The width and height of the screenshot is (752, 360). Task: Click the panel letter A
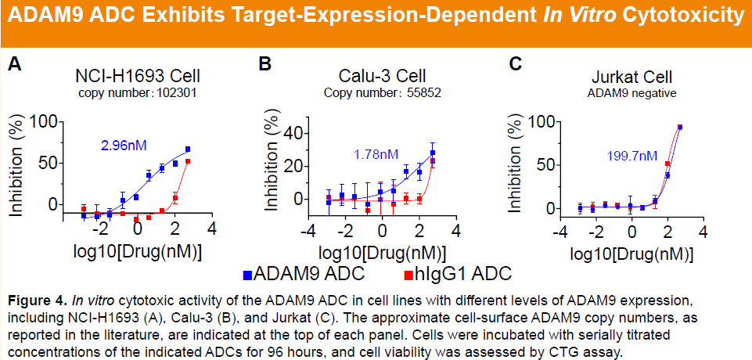click(14, 64)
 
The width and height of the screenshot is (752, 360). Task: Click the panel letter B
click(265, 64)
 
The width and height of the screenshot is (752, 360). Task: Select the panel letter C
click(516, 64)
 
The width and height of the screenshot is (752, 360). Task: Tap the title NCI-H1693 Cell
click(138, 76)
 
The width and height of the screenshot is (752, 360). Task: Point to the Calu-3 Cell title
click(383, 76)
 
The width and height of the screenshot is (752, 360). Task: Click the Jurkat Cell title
click(631, 77)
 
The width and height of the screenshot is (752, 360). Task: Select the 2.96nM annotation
click(124, 145)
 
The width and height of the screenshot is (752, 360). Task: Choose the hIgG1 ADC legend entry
click(458, 273)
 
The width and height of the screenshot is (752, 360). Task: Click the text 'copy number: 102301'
click(138, 92)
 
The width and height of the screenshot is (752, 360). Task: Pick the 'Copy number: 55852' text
click(383, 92)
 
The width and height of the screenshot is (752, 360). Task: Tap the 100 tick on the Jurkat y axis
click(541, 122)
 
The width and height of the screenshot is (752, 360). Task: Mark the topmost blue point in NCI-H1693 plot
click(188, 149)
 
